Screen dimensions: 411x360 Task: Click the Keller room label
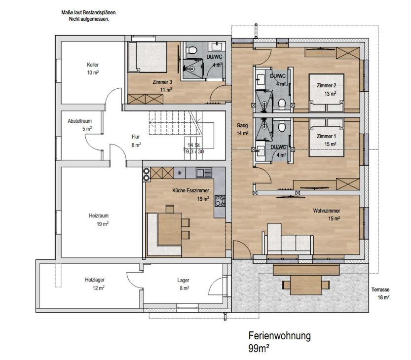(x=93, y=65)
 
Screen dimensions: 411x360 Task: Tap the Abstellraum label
(x=80, y=121)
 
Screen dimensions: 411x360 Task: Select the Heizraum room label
(x=99, y=216)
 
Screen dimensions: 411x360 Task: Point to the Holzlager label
(x=95, y=280)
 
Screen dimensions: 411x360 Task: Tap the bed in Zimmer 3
(x=148, y=57)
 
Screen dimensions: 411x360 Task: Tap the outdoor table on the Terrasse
(x=306, y=285)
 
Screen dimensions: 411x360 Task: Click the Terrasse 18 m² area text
(x=380, y=293)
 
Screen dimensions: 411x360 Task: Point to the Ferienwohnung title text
(x=280, y=336)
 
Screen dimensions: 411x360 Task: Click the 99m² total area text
(x=259, y=349)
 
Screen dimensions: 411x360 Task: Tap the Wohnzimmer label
(x=327, y=211)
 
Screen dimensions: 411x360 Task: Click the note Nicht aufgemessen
(x=89, y=19)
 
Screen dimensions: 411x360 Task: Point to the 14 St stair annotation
(x=193, y=145)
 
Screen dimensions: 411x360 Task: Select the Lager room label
(x=183, y=280)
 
